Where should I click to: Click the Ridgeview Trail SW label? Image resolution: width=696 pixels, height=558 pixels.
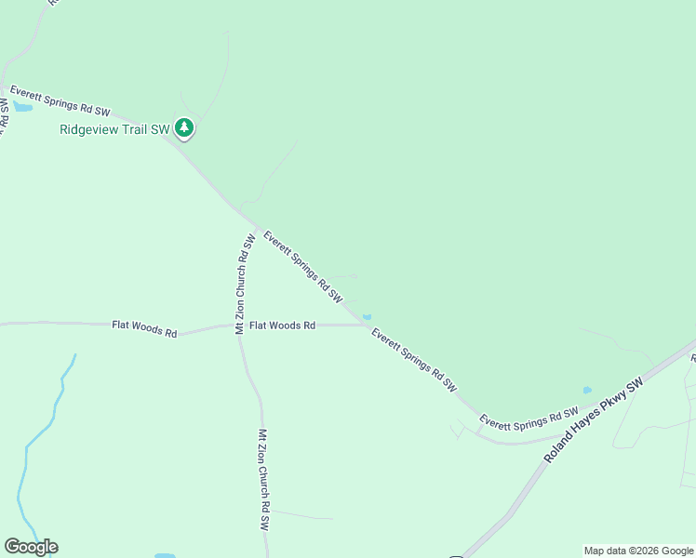pyautogui.click(x=114, y=130)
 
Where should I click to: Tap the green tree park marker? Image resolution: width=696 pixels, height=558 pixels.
pyautogui.click(x=184, y=128)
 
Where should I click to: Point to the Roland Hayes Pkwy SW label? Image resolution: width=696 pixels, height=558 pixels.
pyautogui.click(x=594, y=421)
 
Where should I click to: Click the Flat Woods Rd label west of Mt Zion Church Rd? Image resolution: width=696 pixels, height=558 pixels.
pyautogui.click(x=144, y=328)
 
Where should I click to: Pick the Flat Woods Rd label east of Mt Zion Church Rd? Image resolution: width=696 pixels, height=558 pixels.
pyautogui.click(x=282, y=325)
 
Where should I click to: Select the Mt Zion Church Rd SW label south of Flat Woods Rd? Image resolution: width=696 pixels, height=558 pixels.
pyautogui.click(x=263, y=480)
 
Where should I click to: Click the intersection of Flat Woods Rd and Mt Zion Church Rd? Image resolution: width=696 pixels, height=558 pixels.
pyautogui.click(x=239, y=325)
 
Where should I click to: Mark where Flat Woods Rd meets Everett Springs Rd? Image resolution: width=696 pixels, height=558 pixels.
pyautogui.click(x=366, y=325)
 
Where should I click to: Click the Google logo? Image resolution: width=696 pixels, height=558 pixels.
pyautogui.click(x=31, y=547)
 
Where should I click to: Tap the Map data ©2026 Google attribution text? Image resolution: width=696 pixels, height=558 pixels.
pyautogui.click(x=638, y=551)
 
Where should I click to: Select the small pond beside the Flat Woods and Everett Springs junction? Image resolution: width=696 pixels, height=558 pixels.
pyautogui.click(x=367, y=316)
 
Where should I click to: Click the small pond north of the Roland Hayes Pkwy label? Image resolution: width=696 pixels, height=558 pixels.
pyautogui.click(x=586, y=390)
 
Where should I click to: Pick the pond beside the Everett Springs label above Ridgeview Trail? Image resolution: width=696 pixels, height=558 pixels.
pyautogui.click(x=22, y=107)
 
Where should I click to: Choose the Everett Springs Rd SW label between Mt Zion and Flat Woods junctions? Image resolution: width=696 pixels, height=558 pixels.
pyautogui.click(x=302, y=267)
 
